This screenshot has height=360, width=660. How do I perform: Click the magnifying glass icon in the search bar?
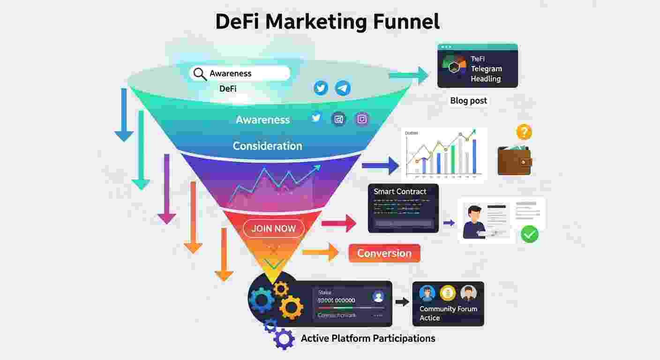point(200,74)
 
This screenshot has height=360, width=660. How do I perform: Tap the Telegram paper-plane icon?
point(343,88)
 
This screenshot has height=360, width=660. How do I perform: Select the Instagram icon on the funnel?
point(362,119)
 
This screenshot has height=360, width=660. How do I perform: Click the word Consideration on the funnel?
point(267,146)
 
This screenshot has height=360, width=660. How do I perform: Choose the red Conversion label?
point(384,254)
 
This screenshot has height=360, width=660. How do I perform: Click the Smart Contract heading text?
point(400,191)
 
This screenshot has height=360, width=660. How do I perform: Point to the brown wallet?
point(514,160)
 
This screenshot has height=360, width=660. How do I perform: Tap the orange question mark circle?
point(524,132)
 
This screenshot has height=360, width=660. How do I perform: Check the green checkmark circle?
point(530,234)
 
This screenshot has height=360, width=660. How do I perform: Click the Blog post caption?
point(468,100)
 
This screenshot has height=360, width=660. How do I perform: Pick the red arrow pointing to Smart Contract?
point(339,223)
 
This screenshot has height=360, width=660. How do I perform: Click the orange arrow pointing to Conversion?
point(321,252)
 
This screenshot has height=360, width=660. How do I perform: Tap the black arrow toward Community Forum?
point(402,302)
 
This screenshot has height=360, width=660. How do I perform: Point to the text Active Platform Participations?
point(368,338)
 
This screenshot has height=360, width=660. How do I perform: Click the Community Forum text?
point(448,309)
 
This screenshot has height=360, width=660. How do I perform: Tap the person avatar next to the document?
point(473,222)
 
